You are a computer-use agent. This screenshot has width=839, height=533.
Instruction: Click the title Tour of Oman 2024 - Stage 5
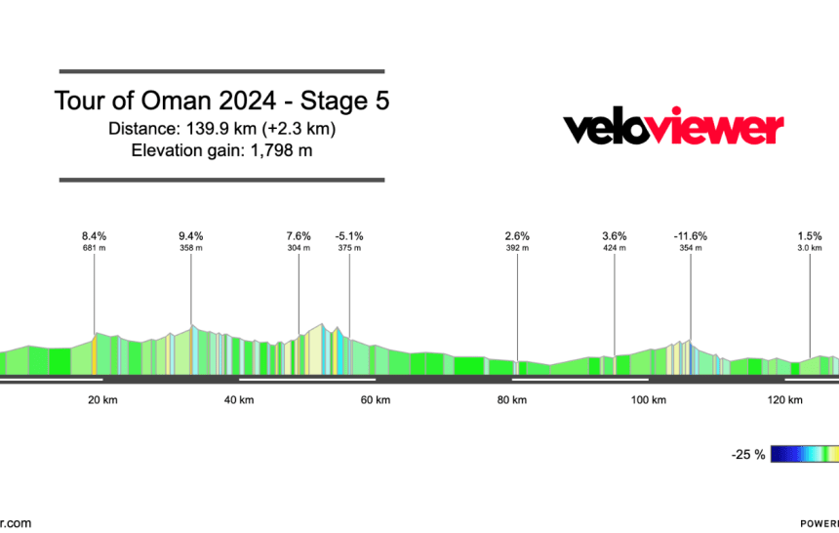tap(221, 102)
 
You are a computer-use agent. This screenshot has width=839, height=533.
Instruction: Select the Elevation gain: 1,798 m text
tap(221, 149)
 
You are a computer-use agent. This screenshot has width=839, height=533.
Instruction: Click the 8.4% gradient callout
tap(94, 236)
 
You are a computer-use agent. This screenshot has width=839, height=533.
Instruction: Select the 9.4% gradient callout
tap(191, 236)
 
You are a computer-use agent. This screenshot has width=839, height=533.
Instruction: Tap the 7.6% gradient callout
tap(299, 236)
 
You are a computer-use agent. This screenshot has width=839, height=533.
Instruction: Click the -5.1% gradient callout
tap(349, 236)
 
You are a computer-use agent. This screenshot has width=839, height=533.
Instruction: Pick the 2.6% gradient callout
tap(517, 236)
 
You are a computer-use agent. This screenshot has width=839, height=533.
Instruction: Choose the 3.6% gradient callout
tap(615, 236)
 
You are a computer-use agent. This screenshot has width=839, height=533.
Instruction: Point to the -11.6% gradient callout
tap(691, 236)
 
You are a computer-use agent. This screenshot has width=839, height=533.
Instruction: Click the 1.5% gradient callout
tap(810, 236)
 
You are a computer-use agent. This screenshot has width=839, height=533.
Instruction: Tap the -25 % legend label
tap(749, 455)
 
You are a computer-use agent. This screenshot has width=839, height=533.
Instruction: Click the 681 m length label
tap(94, 248)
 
